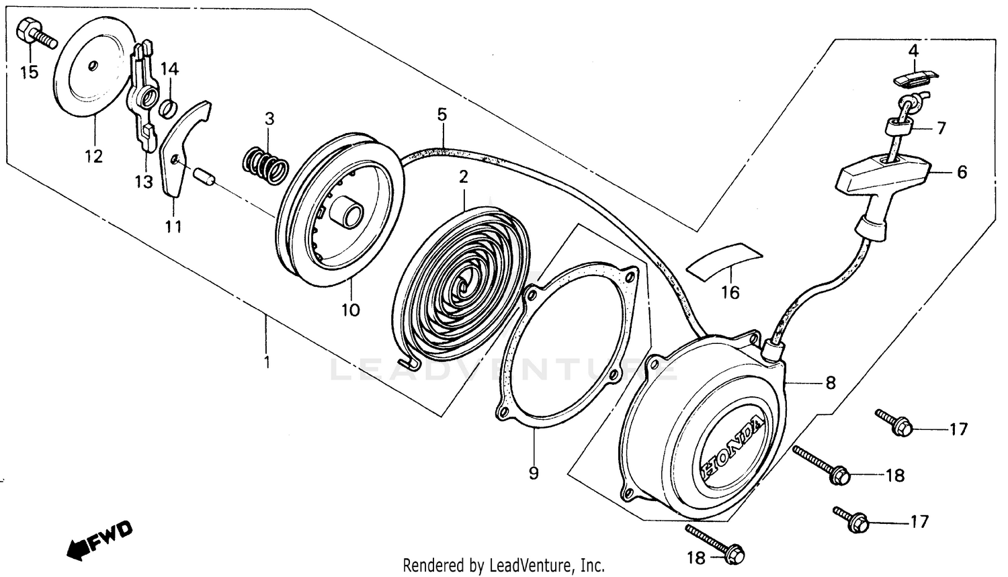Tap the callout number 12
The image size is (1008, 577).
pos(93,156)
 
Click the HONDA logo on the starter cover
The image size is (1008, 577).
pos(732,447)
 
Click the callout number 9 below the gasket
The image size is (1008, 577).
pos(534,473)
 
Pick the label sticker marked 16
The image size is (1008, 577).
pos(726,259)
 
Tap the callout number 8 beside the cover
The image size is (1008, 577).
pos(831,383)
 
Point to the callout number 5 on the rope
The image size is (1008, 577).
pos(442,114)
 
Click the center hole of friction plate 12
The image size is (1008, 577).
pos(93,64)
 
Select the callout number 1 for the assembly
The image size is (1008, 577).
pos(267,363)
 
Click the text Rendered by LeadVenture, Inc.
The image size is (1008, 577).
pos(504,565)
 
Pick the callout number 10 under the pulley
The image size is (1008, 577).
pos(351,310)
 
